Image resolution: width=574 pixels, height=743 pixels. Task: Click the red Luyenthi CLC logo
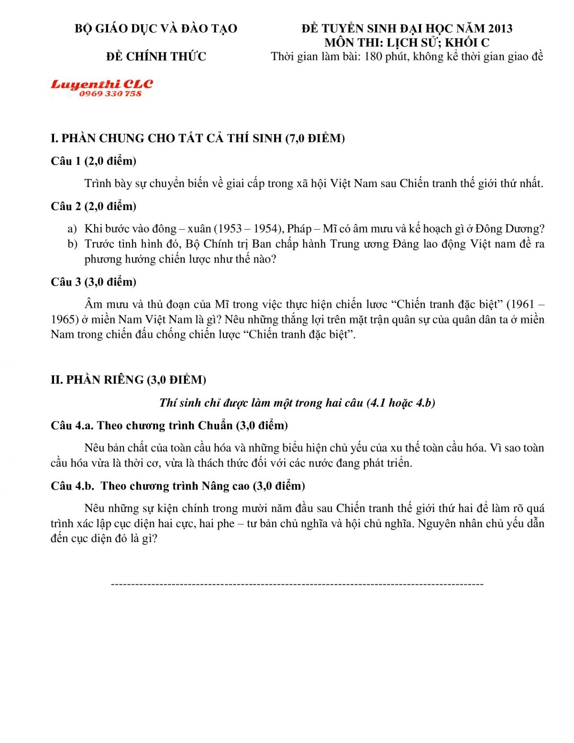pyautogui.click(x=101, y=84)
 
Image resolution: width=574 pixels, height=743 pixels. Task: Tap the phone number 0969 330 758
pyautogui.click(x=110, y=94)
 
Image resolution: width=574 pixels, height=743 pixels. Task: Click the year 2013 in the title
pyautogui.click(x=499, y=29)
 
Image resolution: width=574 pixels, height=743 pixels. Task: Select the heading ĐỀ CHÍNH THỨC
pyautogui.click(x=156, y=56)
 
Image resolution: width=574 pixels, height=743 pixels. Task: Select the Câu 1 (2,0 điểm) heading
pyautogui.click(x=93, y=161)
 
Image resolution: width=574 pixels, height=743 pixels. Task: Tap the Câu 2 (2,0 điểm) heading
pyautogui.click(x=93, y=206)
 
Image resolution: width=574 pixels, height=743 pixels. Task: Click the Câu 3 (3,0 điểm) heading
pyautogui.click(x=93, y=282)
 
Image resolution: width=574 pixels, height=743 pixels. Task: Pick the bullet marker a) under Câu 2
pyautogui.click(x=72, y=229)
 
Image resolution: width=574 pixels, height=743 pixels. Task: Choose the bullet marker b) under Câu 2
pyautogui.click(x=72, y=244)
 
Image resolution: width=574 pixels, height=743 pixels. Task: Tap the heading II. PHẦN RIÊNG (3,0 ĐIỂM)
pyautogui.click(x=128, y=380)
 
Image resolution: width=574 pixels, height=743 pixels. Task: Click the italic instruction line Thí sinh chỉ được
pyautogui.click(x=297, y=403)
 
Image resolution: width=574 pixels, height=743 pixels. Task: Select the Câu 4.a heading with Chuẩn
pyautogui.click(x=169, y=425)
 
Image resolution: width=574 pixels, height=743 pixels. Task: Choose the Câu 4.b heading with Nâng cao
pyautogui.click(x=177, y=486)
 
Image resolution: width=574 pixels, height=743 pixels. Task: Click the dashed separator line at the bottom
pyautogui.click(x=297, y=584)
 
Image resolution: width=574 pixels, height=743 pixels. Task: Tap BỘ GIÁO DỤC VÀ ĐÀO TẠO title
pyautogui.click(x=156, y=29)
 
